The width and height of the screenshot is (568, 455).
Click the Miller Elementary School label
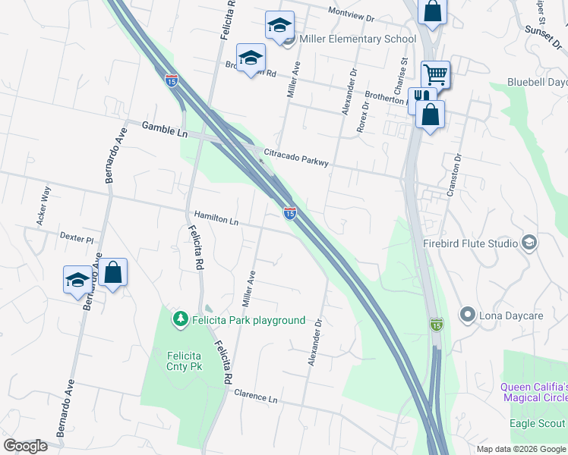tap(358, 39)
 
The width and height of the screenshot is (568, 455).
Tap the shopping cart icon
tap(435, 74)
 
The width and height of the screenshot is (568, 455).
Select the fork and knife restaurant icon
tap(421, 99)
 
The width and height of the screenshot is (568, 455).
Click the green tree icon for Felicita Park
tap(181, 320)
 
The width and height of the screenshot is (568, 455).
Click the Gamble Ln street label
tap(165, 128)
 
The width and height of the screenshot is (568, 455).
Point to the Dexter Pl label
tap(76, 238)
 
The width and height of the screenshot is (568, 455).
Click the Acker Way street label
tap(43, 205)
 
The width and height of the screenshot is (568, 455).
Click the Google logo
tap(25, 446)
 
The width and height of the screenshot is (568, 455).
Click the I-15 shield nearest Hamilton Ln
tap(289, 214)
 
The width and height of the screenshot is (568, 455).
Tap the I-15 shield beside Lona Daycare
tap(436, 324)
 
